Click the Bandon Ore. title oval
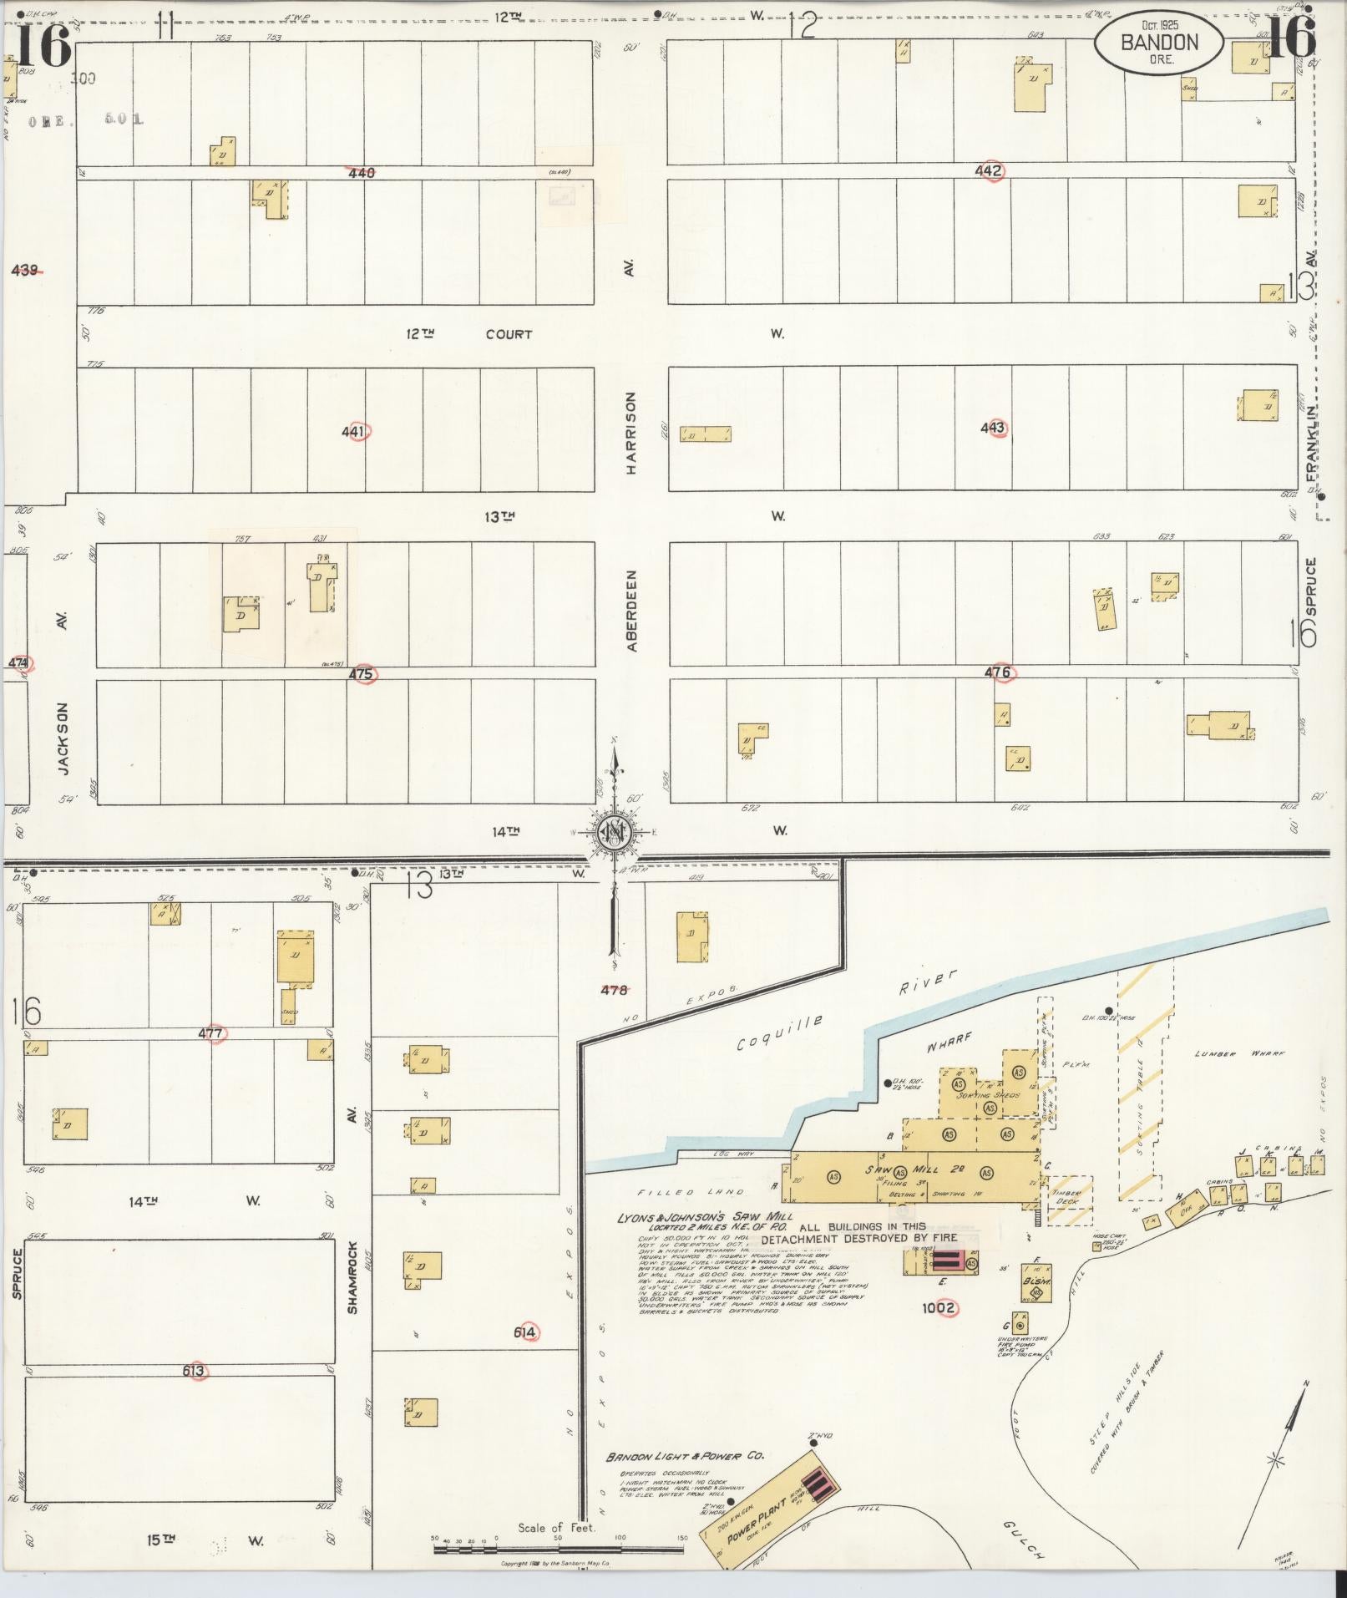[1159, 43]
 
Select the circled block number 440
[362, 172]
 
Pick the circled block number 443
[993, 428]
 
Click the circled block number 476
[998, 672]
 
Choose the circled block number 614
[524, 1332]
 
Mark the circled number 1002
[939, 1308]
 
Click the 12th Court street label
[468, 334]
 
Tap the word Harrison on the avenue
[631, 434]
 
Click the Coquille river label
[781, 1032]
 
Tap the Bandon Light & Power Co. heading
[685, 1456]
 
